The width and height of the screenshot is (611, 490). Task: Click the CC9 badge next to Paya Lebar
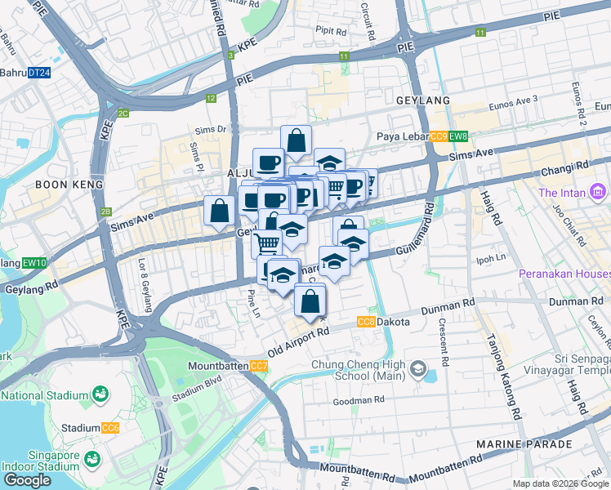point(438,136)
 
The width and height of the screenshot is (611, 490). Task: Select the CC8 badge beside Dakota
point(366,322)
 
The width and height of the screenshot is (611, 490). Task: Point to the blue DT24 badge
point(38,73)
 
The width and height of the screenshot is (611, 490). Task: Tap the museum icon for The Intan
point(598,193)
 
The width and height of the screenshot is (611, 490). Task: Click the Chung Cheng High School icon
point(418,370)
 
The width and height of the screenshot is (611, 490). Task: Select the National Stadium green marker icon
point(100,395)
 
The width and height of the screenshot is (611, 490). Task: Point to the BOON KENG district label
point(69,185)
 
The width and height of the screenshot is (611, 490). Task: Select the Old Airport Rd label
point(298,339)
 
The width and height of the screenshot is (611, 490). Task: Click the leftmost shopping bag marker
point(219,211)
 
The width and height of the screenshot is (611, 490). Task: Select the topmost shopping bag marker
point(296,140)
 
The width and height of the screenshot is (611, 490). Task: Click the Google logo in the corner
point(28,480)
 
